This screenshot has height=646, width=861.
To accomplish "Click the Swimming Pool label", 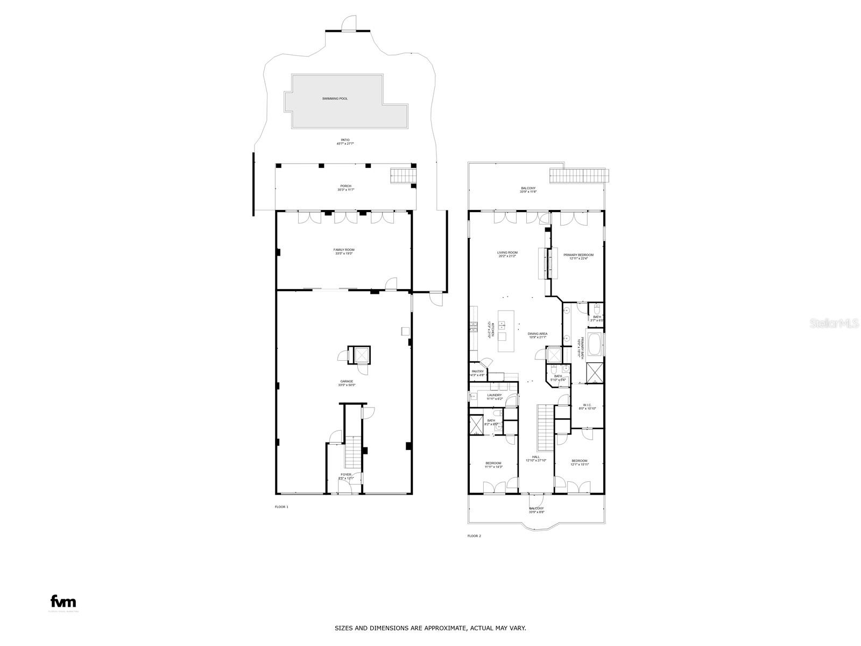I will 335,99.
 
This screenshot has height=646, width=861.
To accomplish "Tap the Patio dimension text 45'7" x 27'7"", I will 345,144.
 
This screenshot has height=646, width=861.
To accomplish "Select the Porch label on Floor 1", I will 345,186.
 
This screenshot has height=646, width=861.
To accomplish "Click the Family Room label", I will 343,250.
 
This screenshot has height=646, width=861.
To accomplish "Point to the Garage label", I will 346,381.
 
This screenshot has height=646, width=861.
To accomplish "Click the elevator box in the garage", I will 360,355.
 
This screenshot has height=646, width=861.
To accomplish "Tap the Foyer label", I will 345,474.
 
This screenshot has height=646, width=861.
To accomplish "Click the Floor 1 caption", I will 281,507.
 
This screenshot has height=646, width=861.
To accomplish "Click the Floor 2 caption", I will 474,536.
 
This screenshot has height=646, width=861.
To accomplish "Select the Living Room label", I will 507,252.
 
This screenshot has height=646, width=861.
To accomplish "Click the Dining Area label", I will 537,334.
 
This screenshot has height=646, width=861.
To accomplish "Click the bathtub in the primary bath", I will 594,345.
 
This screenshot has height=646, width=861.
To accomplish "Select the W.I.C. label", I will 587,405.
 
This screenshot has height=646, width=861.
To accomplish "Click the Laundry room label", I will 494,395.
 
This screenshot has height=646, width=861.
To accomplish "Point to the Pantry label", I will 478,371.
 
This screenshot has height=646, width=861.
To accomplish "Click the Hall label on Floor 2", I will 535,457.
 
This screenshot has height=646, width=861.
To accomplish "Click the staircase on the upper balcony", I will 579,175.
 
